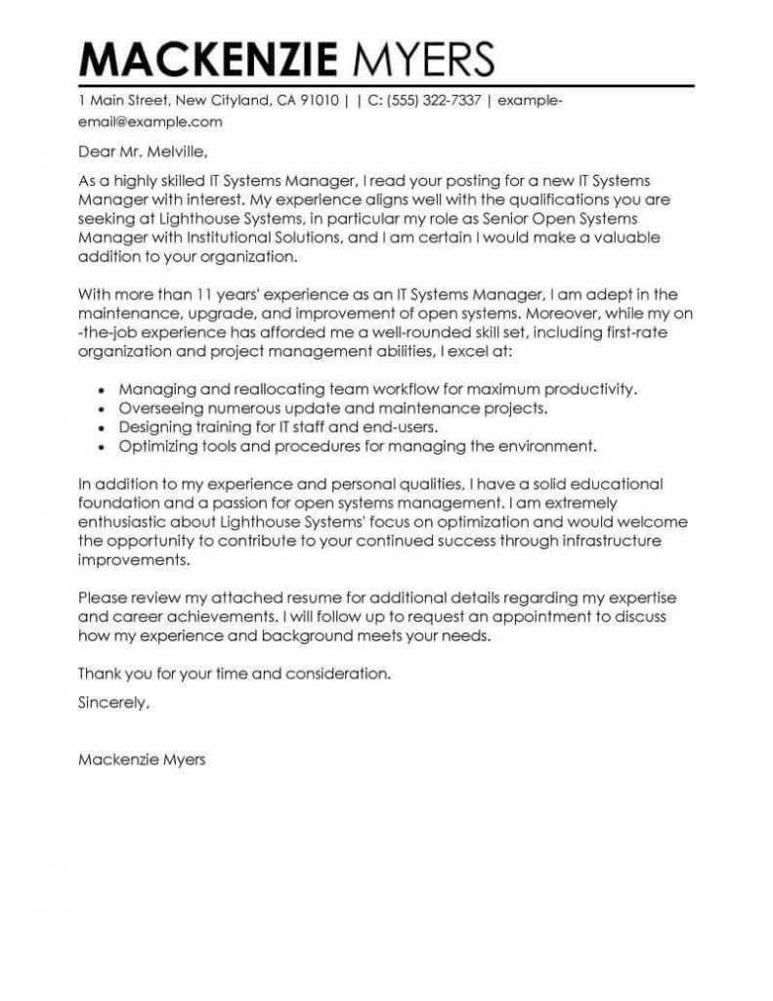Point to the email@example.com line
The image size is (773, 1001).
150,122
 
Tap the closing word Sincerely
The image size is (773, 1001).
113,702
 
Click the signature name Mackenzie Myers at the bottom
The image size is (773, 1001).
142,759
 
